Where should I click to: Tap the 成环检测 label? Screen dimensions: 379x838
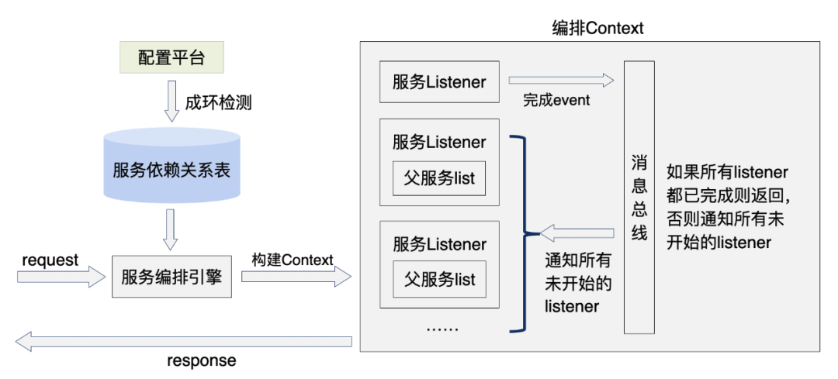click(218, 102)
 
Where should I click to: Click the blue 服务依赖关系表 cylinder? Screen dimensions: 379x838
click(171, 169)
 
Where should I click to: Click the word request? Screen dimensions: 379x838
click(50, 260)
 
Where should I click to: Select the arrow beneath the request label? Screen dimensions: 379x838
click(60, 277)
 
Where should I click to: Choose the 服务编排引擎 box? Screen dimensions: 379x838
click(171, 276)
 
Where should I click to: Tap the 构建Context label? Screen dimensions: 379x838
click(293, 260)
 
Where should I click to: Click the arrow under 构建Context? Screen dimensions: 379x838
click(296, 277)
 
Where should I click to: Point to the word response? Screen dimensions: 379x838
click(202, 360)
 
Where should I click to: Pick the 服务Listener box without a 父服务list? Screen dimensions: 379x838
click(439, 81)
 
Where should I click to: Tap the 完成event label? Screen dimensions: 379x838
click(556, 100)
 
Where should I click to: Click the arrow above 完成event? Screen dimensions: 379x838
click(560, 81)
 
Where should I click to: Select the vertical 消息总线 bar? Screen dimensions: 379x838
click(639, 198)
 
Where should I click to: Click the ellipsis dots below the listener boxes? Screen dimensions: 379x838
click(442, 328)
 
